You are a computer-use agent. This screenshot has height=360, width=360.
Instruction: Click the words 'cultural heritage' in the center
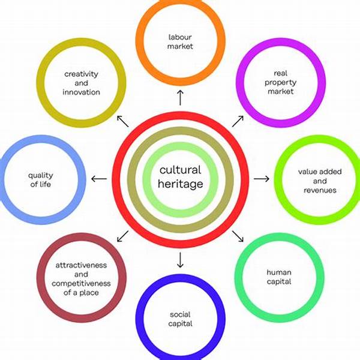(x=180, y=177)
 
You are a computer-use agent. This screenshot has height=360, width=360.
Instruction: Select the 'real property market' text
(x=280, y=83)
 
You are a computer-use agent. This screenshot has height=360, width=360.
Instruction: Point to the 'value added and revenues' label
(x=319, y=181)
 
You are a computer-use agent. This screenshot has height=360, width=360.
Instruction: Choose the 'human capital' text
(x=278, y=277)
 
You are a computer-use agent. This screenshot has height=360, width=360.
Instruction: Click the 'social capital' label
(x=180, y=319)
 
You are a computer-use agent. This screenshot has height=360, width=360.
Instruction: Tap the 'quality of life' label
(x=40, y=180)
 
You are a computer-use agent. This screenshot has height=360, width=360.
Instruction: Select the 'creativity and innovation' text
(x=82, y=83)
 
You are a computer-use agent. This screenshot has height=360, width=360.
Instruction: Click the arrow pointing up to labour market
(x=180, y=96)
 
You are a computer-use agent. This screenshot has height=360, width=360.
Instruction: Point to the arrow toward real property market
(x=238, y=121)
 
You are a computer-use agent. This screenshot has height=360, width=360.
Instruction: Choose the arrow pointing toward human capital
(x=238, y=235)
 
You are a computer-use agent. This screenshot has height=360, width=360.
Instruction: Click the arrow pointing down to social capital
(x=180, y=260)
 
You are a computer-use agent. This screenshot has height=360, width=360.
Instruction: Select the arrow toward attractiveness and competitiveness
(x=123, y=235)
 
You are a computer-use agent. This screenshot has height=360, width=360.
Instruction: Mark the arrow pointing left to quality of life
(x=99, y=178)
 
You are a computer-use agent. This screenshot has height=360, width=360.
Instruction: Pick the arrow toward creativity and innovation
(x=122, y=121)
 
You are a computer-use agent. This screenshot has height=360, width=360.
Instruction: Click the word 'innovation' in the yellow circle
(x=82, y=92)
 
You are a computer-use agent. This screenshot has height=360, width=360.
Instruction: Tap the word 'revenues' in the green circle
(x=319, y=190)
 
